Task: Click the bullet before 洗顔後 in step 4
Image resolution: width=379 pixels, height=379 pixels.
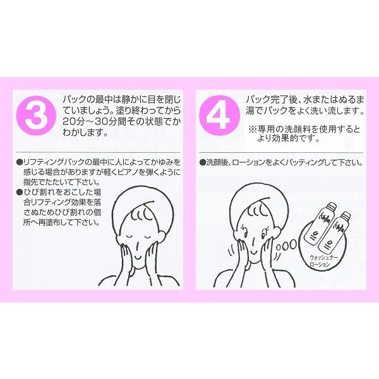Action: tap(202, 162)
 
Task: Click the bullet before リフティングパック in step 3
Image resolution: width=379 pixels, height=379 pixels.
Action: tap(20, 162)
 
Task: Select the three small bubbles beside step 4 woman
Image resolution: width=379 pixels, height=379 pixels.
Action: tap(289, 244)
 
